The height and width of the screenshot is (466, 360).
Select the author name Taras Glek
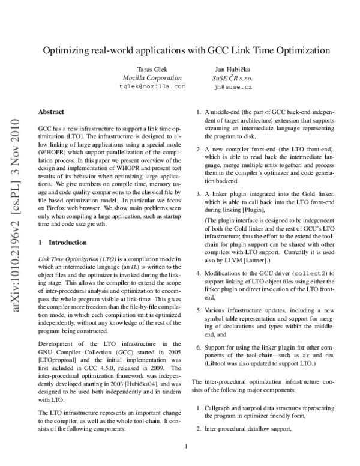pyautogui.click(x=152, y=70)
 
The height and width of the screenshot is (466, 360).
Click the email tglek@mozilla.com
pyautogui.click(x=152, y=86)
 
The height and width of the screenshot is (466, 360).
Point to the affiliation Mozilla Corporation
pyautogui.click(x=152, y=78)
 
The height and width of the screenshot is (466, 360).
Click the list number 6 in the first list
pyautogui.click(x=199, y=348)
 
